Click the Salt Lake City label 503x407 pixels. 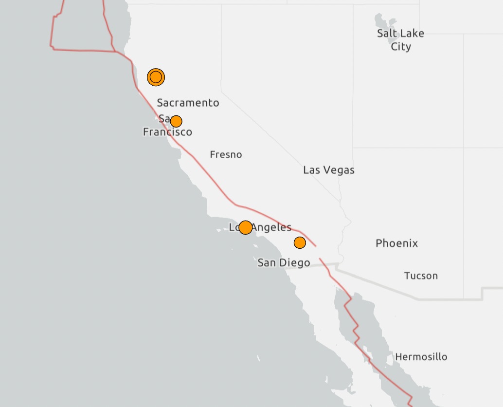tap(400, 40)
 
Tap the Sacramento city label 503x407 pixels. tap(188, 103)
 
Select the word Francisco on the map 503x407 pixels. tap(167, 132)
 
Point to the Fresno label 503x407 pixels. tap(226, 155)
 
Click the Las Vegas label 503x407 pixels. tap(328, 170)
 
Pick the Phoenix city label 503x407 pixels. tap(396, 243)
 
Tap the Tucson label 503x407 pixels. tap(421, 276)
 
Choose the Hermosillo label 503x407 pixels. tap(421, 357)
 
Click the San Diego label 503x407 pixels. tap(284, 263)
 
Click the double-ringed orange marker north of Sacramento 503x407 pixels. tap(156, 77)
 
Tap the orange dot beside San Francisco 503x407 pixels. tap(176, 121)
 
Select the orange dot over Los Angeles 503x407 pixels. tap(246, 227)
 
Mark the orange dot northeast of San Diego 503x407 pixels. tap(300, 242)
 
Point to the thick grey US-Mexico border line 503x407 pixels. tap(389, 287)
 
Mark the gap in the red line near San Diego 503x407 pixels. tap(318, 252)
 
